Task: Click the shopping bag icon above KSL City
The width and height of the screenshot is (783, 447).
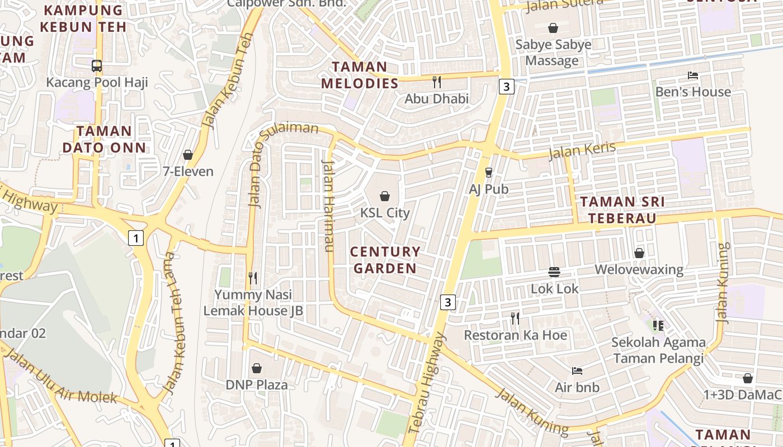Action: click(385, 196)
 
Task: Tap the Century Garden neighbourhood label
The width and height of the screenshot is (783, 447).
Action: click(385, 260)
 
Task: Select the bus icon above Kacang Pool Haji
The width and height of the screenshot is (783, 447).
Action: click(97, 66)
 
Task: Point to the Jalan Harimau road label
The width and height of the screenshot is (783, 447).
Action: click(328, 206)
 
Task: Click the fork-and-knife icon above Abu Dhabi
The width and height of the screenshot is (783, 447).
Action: click(437, 82)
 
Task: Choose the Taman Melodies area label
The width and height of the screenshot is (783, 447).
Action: click(360, 75)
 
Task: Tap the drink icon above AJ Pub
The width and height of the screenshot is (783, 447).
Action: click(488, 172)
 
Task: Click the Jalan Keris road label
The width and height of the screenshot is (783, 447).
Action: click(582, 150)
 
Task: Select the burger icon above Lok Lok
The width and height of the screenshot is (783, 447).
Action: click(554, 272)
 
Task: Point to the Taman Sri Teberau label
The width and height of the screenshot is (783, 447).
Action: click(622, 210)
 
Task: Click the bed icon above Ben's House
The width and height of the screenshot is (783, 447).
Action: click(693, 75)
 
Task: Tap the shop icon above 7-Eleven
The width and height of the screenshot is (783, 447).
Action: click(188, 155)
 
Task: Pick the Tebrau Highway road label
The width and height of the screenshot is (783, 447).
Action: click(426, 383)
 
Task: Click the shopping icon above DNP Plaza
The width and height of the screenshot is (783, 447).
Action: click(257, 368)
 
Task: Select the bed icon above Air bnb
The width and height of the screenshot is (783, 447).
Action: click(577, 370)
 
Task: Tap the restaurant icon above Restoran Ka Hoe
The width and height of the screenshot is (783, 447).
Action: click(515, 318)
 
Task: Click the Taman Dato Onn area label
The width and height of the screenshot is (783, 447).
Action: click(104, 139)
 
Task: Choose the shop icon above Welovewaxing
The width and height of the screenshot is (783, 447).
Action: click(639, 254)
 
